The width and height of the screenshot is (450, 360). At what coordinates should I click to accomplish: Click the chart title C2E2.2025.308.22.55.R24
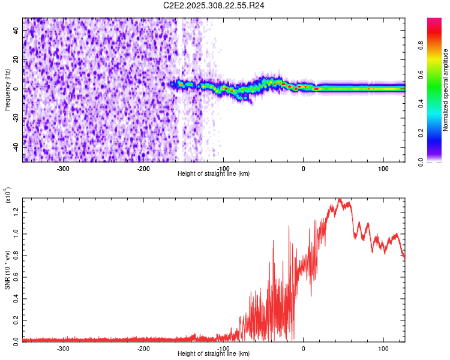coord(214,5)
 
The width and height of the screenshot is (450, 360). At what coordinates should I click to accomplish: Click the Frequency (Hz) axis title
coord(7,89)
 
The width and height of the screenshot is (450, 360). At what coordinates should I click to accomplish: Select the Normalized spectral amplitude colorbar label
coord(446,89)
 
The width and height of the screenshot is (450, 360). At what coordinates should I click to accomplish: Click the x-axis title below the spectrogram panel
coord(214,173)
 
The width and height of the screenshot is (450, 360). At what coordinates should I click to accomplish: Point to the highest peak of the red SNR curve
coord(340,199)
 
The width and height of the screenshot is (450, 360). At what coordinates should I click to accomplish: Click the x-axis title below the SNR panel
coord(214,354)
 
